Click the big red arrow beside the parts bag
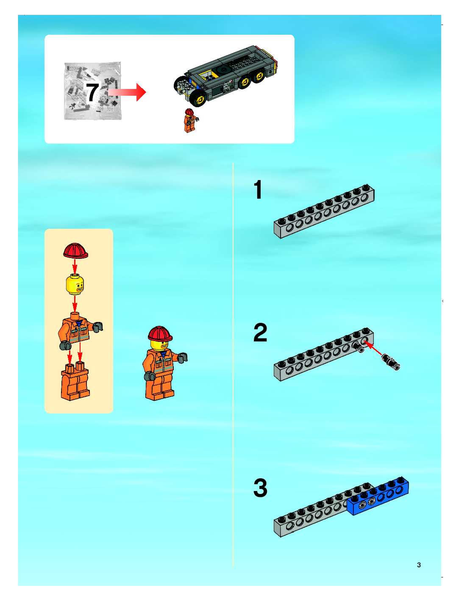point(127,92)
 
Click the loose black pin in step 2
point(391,362)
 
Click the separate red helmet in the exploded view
point(76,250)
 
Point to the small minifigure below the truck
point(191,120)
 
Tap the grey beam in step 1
point(324,211)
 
